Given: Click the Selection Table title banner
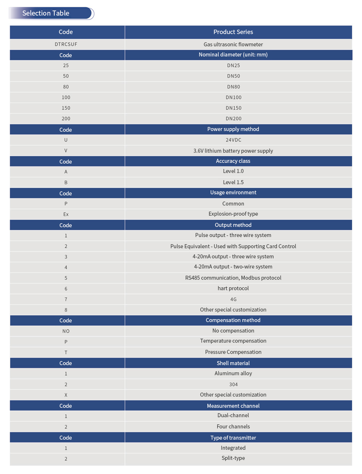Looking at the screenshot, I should tap(51, 13).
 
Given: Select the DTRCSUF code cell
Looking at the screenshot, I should tap(66, 45).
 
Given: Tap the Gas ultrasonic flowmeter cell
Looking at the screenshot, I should tap(233, 45).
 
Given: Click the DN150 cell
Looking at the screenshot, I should tap(233, 108).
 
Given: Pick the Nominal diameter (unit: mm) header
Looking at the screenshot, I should tap(233, 55).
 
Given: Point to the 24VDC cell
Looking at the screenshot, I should tap(233, 140).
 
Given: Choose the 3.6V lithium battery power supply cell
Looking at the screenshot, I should tap(233, 151).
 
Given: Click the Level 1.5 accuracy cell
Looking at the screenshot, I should tap(233, 182).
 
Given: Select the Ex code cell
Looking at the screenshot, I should tap(66, 214).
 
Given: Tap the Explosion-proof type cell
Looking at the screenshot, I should tap(233, 214).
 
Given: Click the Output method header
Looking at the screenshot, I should tap(233, 225).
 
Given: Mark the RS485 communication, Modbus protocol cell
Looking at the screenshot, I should tap(233, 278).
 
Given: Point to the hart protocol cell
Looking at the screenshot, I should tap(233, 288).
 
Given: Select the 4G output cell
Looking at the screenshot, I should tap(233, 299).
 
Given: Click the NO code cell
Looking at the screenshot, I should tap(66, 331).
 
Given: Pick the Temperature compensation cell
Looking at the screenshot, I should tap(233, 341).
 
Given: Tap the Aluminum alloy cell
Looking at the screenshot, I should tap(233, 373).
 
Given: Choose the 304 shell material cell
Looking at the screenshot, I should tap(233, 384).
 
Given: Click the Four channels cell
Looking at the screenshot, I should tap(233, 427).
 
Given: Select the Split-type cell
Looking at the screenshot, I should tap(233, 458).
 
